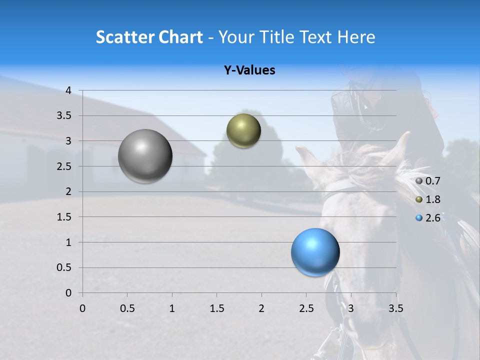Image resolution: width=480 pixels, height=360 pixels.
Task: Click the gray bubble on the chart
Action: coord(145,156)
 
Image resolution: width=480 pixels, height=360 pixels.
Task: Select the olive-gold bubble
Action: coord(243,131)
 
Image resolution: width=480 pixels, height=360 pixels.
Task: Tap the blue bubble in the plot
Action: coord(315,252)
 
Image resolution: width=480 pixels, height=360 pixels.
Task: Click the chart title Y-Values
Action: coord(249,70)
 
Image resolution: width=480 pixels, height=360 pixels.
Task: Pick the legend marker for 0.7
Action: coord(418,181)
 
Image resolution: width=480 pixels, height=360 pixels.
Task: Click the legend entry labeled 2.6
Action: coord(432,218)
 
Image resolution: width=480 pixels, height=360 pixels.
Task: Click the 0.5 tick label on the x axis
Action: coord(127,308)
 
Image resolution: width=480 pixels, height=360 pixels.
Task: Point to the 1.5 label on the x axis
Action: coord(216,308)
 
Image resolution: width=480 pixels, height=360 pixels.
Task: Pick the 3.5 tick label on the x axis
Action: coord(395,308)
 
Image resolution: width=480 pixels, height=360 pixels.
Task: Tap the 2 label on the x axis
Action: coord(261,308)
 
